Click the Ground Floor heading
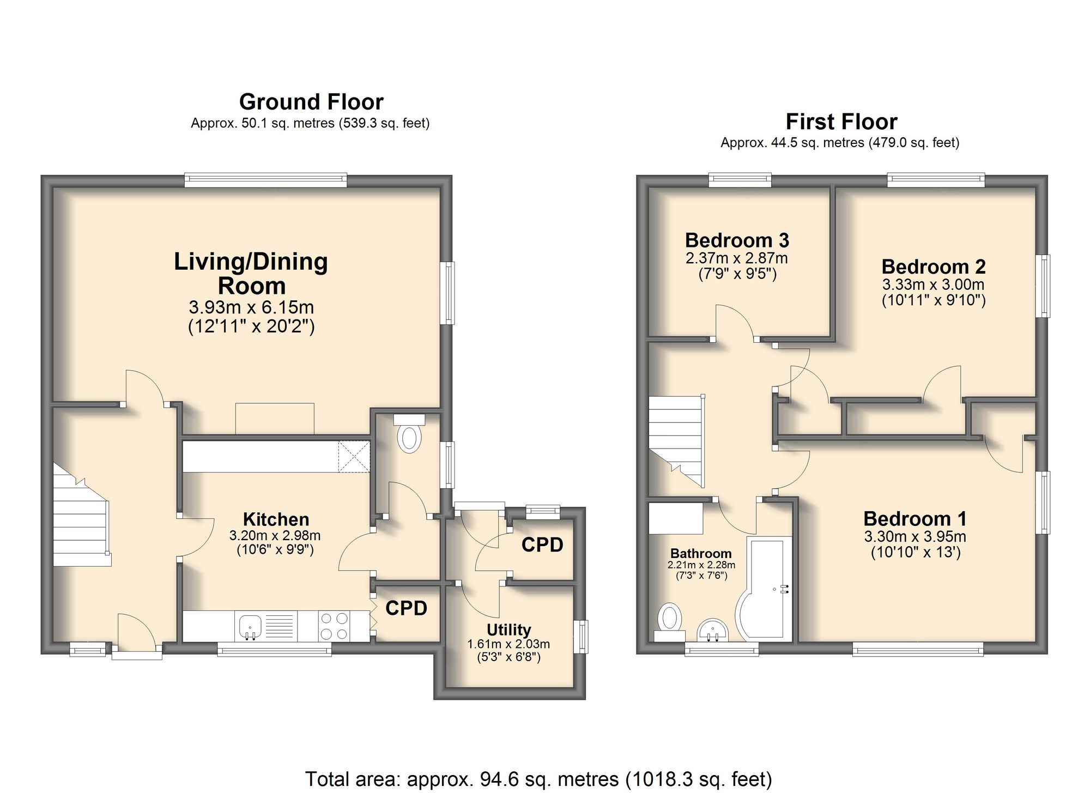click(x=311, y=102)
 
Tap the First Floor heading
click(x=841, y=122)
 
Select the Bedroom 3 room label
click(x=737, y=240)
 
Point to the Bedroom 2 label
click(x=934, y=267)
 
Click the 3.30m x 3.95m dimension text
click(x=915, y=536)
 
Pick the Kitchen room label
click(x=276, y=519)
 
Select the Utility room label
click(x=508, y=629)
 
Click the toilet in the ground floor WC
click(x=409, y=437)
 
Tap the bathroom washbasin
click(x=712, y=631)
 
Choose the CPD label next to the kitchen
click(x=406, y=608)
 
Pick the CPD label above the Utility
click(x=542, y=544)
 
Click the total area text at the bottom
click(x=538, y=779)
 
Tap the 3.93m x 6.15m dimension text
click(x=251, y=307)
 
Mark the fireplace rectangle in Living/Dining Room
click(x=275, y=418)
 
